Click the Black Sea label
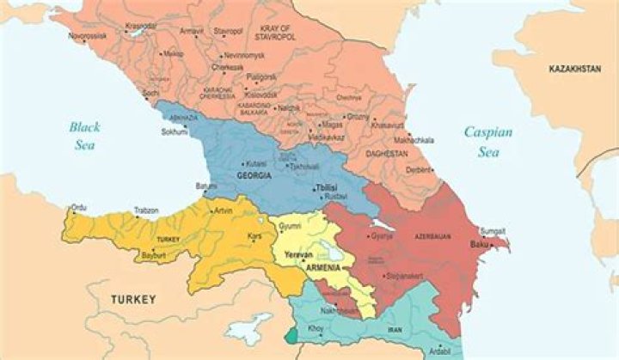pos(84,136)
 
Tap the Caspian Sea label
pos(487,141)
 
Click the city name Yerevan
pos(297,255)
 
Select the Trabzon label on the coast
pos(146,210)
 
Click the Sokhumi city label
pos(174,132)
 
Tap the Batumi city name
pos(206,186)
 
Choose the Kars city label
pos(254,235)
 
